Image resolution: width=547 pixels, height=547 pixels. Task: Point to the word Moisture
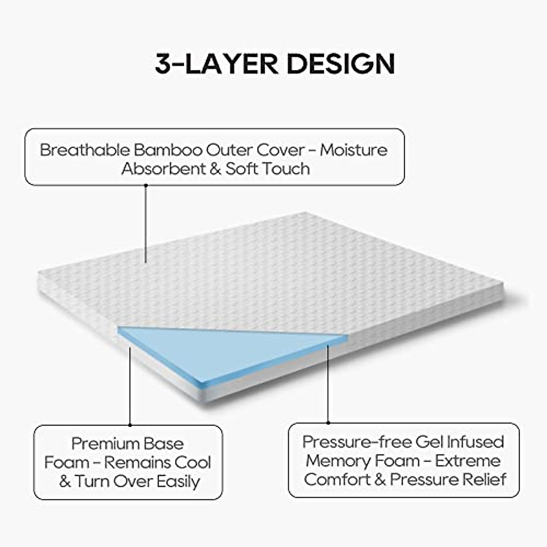tap(354, 150)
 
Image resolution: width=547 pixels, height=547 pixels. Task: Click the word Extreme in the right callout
tap(468, 460)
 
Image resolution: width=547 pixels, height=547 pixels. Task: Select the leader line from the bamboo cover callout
tap(145, 223)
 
